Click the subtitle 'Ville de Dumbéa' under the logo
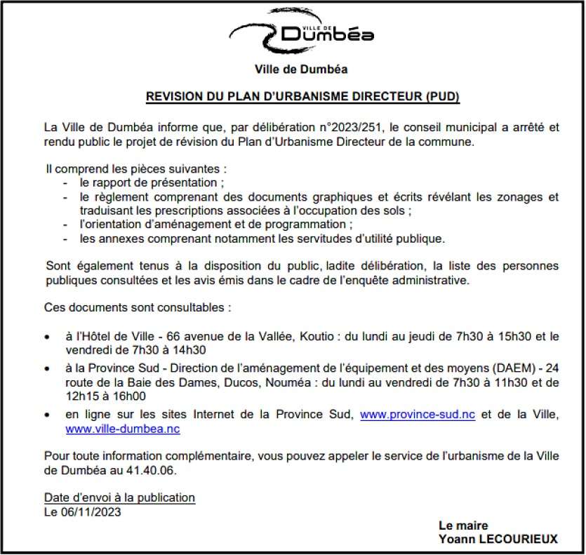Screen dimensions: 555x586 (301, 69)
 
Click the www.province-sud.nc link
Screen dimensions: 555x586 (417, 415)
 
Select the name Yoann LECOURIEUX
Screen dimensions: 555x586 (498, 539)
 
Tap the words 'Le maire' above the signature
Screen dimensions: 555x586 (463, 526)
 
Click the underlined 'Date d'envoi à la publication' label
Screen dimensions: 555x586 (119, 497)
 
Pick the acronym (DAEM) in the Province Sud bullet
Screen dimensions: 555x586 (514, 368)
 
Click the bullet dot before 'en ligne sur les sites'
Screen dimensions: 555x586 (47, 415)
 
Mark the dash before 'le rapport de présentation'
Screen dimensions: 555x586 (65, 182)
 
